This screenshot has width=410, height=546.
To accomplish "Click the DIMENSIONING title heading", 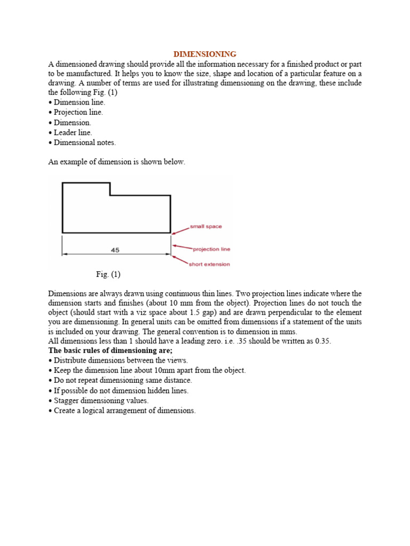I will pyautogui.click(x=205, y=54).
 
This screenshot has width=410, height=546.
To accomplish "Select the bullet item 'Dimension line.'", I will pyautogui.click(x=80, y=102).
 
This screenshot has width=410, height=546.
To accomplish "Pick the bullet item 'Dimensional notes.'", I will pyautogui.click(x=85, y=142).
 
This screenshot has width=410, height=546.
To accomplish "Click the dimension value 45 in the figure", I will pyautogui.click(x=115, y=250).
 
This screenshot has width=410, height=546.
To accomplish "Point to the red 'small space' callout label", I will pyautogui.click(x=207, y=227).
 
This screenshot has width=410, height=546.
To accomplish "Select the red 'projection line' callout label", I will pyautogui.click(x=211, y=249).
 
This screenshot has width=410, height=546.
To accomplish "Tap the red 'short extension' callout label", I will pyautogui.click(x=209, y=264).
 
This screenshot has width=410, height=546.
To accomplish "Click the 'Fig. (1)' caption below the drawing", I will pyautogui.click(x=108, y=275).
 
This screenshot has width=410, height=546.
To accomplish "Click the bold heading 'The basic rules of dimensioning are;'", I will pyautogui.click(x=111, y=350).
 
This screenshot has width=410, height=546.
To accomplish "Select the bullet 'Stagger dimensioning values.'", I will pyautogui.click(x=101, y=400).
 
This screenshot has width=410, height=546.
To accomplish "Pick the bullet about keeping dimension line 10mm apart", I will pyautogui.click(x=149, y=370).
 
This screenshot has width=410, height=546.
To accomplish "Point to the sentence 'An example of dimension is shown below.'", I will pyautogui.click(x=117, y=162).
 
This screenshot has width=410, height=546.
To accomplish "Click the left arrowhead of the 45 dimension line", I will pyautogui.click(x=65, y=254).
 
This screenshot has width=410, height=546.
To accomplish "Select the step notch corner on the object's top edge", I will pyautogui.click(x=110, y=195).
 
